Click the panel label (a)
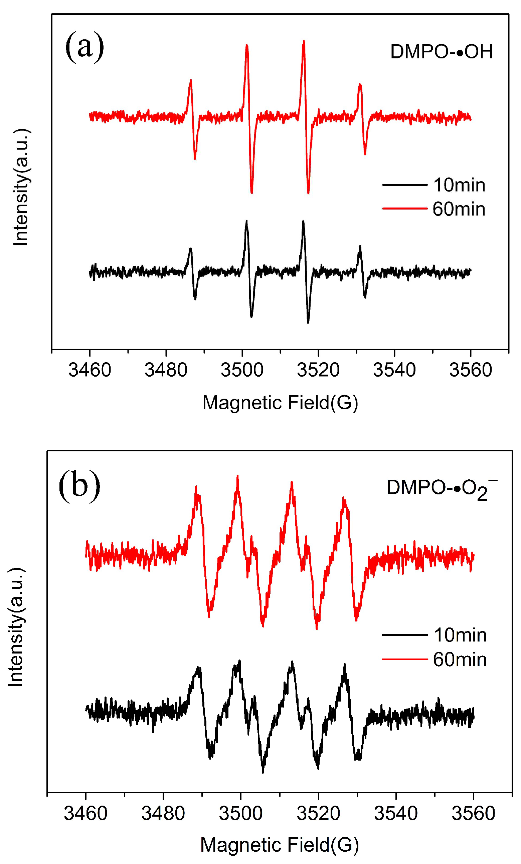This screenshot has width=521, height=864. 84,47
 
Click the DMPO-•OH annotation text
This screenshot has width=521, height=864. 441,52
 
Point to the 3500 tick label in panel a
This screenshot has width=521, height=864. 242,370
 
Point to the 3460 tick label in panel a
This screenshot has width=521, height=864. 90,370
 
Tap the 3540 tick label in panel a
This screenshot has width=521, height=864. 394,370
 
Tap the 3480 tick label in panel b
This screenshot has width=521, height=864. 163,813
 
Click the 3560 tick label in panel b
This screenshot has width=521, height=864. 473,813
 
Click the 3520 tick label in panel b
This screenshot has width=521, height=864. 318,813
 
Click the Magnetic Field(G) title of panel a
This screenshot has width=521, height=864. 280,402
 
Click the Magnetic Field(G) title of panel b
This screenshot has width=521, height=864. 280,845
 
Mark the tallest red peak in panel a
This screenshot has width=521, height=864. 304,41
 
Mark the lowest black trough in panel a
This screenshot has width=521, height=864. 308,322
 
